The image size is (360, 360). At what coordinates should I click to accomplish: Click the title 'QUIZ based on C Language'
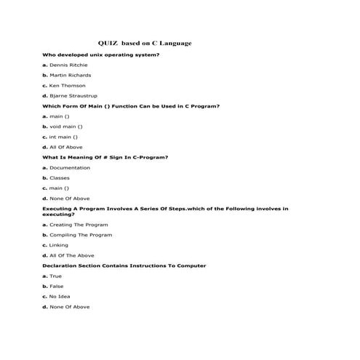tap(145, 44)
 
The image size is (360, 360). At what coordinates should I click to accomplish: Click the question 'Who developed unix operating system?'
tap(101, 55)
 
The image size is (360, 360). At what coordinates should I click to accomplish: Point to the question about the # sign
tap(105, 157)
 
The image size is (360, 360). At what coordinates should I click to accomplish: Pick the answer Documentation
tap(66, 167)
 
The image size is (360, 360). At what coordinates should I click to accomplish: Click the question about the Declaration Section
tap(124, 265)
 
